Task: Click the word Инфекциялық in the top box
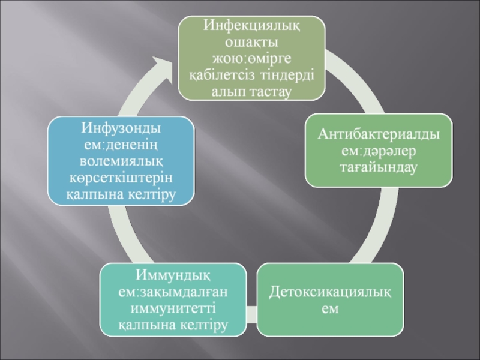click(251, 26)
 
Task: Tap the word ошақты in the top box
click(251, 43)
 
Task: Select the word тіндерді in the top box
click(290, 76)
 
